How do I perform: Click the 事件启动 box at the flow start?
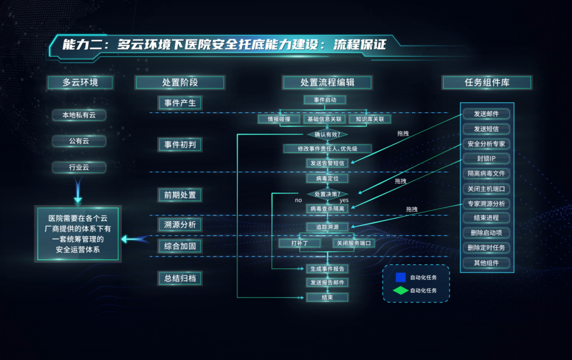pos(325,100)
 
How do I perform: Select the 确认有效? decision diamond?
pos(327,134)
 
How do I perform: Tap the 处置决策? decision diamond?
pos(327,194)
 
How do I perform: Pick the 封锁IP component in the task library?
pos(486,158)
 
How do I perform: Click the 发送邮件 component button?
pos(486,114)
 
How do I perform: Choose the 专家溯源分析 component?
pos(486,203)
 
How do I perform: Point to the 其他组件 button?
pos(486,263)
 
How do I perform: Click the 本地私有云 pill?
pos(79,115)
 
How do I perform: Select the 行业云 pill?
pos(79,167)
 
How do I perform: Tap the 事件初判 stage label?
pos(180,144)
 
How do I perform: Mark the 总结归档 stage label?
pos(180,278)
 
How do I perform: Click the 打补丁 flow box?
pos(299,243)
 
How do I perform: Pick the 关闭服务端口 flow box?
pos(354,243)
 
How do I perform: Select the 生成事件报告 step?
pos(327,269)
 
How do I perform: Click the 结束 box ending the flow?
pos(327,298)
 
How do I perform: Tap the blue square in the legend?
pos(400,277)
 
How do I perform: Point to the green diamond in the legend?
pos(400,291)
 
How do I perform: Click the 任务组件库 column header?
pos(487,82)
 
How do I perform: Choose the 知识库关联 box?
pos(370,119)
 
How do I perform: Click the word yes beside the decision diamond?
pos(344,201)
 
